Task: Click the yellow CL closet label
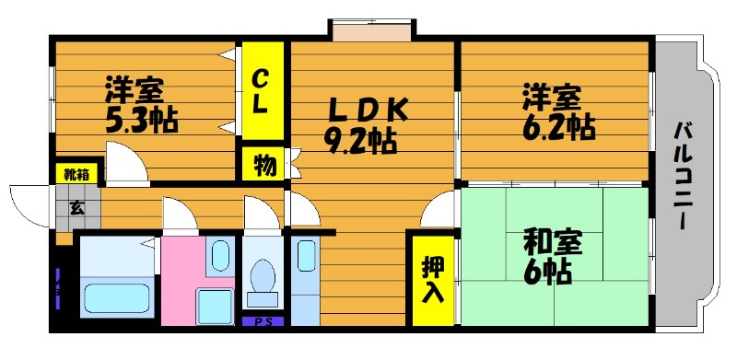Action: (262, 91)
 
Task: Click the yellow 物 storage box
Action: (263, 166)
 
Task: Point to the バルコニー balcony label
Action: (683, 175)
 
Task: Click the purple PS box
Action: (264, 321)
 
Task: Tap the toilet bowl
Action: (263, 278)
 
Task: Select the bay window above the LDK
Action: (370, 31)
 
